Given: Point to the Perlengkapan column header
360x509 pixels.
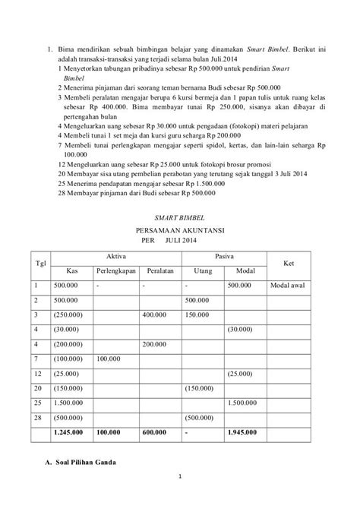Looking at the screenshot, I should [x=115, y=271].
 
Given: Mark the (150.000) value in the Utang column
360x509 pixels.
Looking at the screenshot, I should [x=200, y=387].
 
